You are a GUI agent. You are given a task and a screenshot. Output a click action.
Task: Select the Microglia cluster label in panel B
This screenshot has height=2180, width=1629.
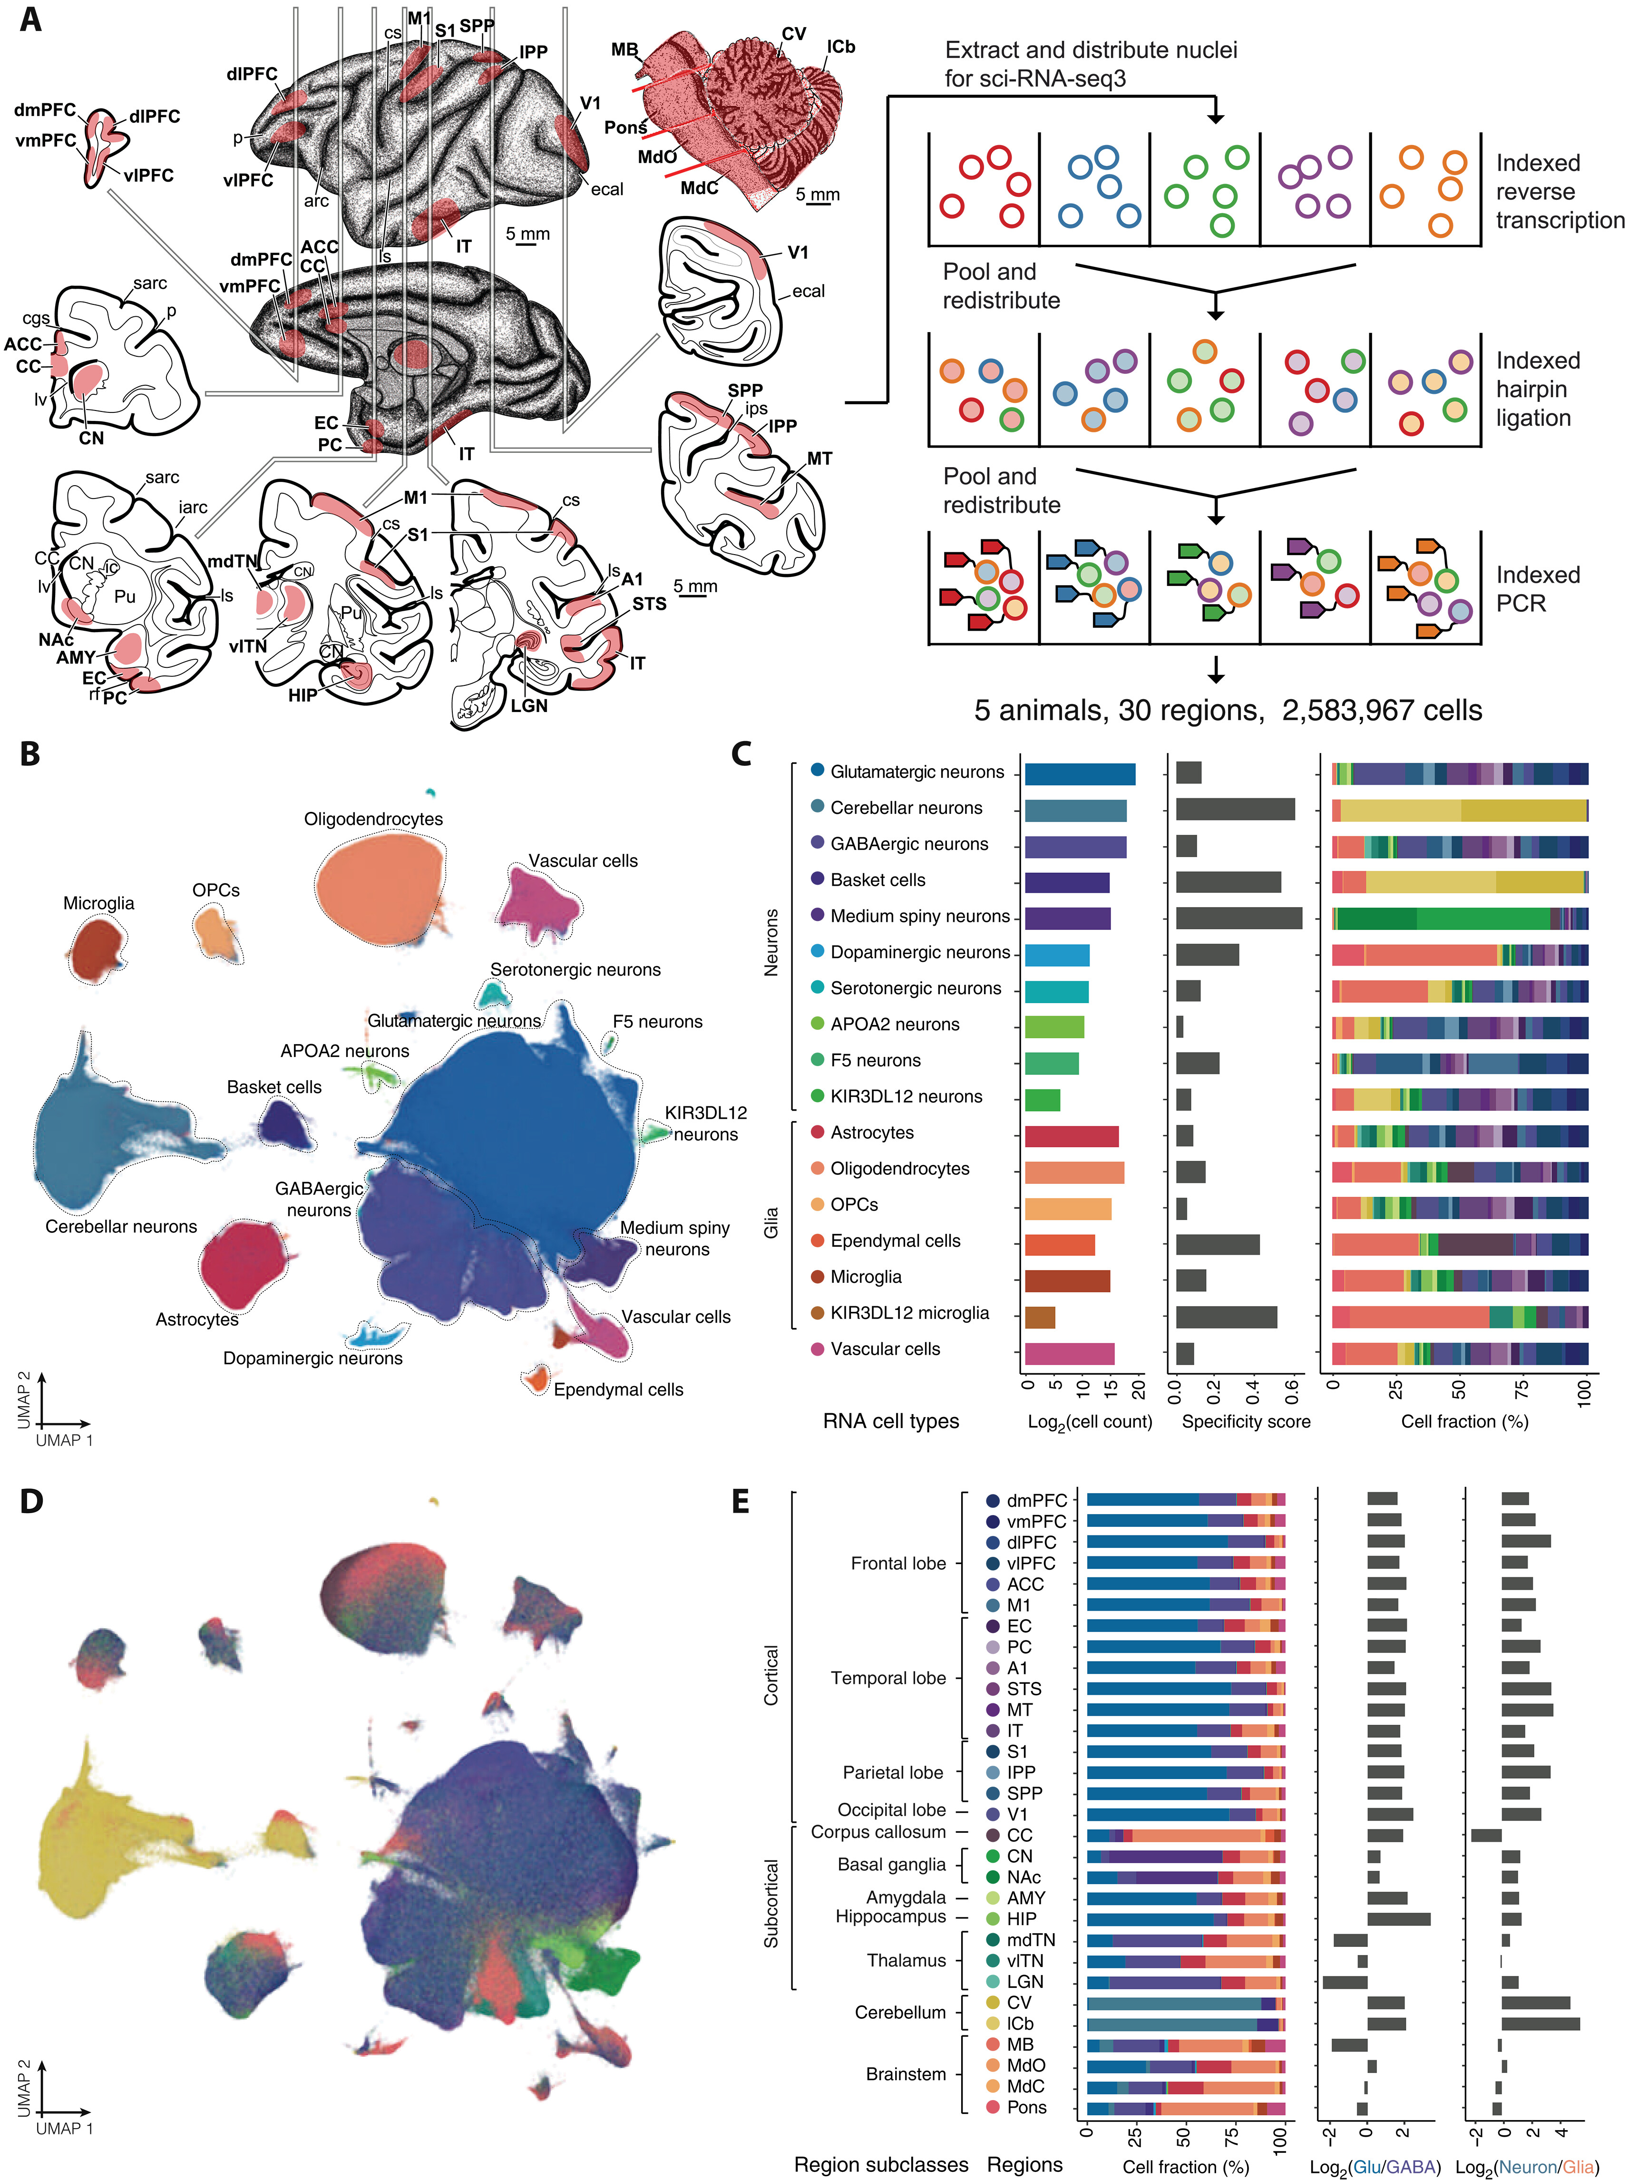tap(98, 903)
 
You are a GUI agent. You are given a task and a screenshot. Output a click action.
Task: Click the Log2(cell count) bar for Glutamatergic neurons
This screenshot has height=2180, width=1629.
tap(1079, 773)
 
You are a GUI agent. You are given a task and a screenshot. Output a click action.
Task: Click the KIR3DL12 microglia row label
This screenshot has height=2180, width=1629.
tap(908, 1313)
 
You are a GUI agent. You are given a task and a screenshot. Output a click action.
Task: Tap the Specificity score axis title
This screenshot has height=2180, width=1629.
tap(1246, 1421)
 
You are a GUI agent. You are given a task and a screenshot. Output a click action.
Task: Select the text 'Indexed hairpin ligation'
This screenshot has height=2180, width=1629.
tap(1537, 389)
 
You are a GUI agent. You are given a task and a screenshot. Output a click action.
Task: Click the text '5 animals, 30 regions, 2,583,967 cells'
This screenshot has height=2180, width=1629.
tap(1227, 711)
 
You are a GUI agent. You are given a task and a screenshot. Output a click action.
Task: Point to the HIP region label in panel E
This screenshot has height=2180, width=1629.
tap(1021, 1919)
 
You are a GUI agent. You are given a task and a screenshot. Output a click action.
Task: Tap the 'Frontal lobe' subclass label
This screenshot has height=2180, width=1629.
tap(898, 1563)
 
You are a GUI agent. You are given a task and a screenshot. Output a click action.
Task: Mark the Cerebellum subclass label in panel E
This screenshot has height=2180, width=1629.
tap(900, 2013)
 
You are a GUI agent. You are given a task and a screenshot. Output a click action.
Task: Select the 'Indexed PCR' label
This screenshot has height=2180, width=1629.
tap(1537, 588)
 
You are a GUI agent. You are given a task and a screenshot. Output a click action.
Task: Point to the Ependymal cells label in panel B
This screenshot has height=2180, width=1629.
tap(618, 1389)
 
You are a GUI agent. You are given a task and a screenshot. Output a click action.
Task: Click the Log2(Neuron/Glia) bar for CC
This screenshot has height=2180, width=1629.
tap(1485, 1835)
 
